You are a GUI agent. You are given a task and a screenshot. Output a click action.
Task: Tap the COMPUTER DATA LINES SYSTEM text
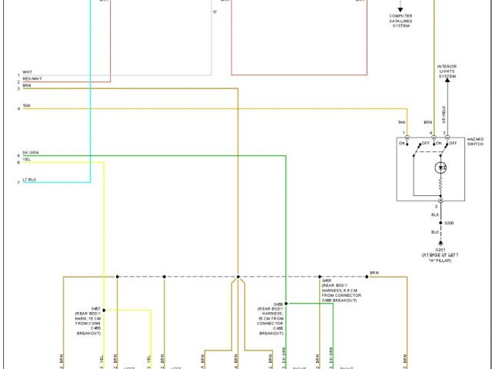pos(401,20)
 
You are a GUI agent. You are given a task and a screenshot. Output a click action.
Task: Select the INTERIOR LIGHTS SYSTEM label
pos(447,71)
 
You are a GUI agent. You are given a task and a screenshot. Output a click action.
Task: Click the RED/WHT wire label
pos(32,79)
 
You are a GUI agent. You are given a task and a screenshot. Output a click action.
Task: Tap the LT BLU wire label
pos(29,180)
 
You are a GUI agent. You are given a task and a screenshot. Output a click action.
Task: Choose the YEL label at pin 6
pos(27,160)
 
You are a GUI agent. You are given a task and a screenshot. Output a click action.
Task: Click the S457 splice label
pos(96,308)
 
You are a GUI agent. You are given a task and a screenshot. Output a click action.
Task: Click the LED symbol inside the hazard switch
pos(440,168)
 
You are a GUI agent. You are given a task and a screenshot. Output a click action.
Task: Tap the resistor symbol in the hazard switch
pos(440,185)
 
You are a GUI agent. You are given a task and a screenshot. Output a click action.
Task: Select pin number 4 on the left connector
pos(18,108)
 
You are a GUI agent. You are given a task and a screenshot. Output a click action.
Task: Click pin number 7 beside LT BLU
pos(18,183)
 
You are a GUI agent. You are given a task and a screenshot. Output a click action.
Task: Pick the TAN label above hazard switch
pos(401,122)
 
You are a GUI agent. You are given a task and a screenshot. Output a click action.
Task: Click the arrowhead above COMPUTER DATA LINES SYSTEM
pos(400,8)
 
